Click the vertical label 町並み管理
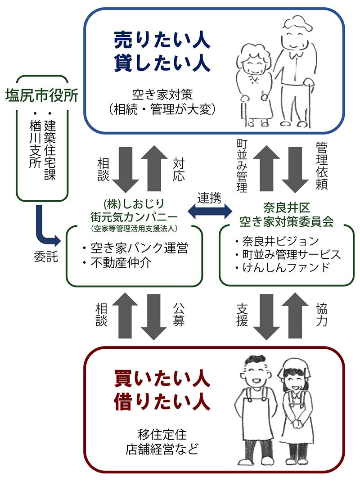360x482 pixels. [242, 167]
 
